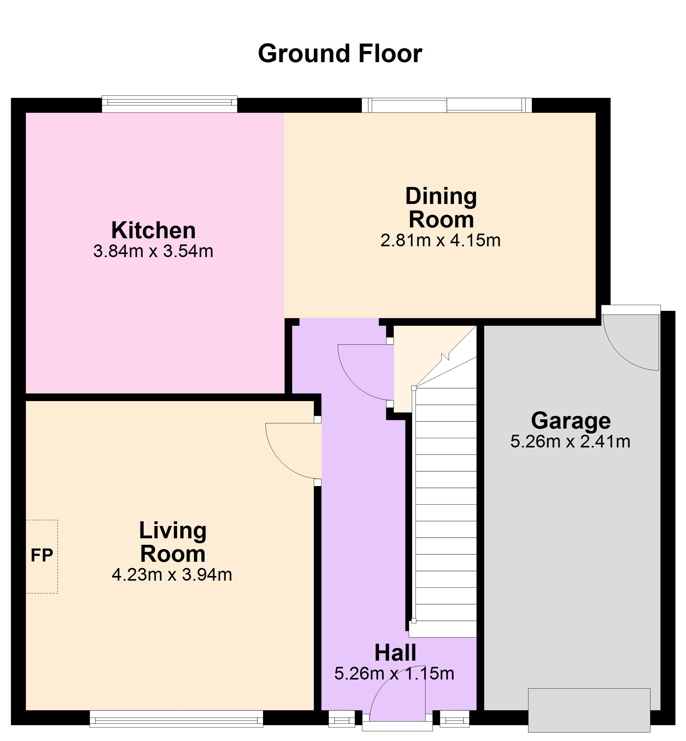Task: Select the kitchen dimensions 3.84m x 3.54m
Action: click(x=153, y=251)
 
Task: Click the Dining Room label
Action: click(x=441, y=208)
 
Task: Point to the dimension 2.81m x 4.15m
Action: click(x=441, y=241)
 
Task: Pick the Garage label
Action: click(x=570, y=421)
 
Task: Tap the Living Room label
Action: click(x=173, y=542)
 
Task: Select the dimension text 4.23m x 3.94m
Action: click(x=172, y=575)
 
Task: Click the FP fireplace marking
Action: click(x=42, y=556)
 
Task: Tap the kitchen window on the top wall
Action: click(x=170, y=104)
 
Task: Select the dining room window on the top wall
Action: click(x=447, y=105)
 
